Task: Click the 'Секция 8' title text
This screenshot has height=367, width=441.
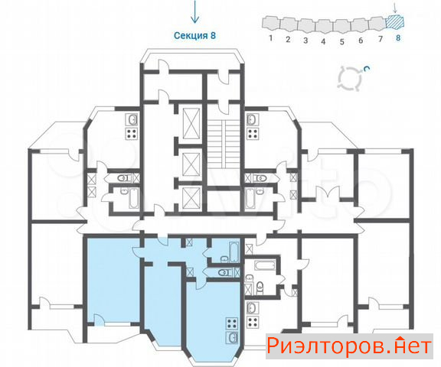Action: coord(194,36)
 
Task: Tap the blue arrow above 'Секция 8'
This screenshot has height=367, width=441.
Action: coord(194,11)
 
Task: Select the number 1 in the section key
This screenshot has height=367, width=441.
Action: coord(271,37)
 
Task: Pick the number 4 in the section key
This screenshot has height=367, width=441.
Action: coord(323,41)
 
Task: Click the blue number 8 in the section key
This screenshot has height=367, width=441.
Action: coord(398,37)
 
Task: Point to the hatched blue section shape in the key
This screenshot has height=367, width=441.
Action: coord(395,21)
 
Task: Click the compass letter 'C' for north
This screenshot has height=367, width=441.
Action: coord(366,69)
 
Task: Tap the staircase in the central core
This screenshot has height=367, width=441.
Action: coord(224,144)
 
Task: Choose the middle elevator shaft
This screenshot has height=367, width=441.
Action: coord(191,164)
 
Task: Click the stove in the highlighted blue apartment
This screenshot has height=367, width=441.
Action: coord(233,323)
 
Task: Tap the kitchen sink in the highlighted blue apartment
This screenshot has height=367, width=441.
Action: coord(233,338)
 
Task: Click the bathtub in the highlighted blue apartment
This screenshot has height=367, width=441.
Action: coord(234,252)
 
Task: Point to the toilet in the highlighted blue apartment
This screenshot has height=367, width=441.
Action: coord(224,272)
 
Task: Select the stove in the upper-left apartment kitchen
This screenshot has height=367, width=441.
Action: coord(132,133)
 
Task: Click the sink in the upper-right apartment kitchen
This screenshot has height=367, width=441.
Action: coord(253,120)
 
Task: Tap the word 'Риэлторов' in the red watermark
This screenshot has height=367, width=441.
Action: coord(326,346)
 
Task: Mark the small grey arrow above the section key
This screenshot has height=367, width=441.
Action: coord(395,8)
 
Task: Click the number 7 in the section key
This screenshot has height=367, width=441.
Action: coord(381,38)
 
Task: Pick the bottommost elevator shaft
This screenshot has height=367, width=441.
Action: coord(191,199)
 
